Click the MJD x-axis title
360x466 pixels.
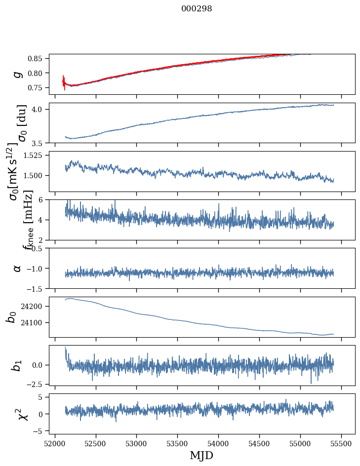click(201, 456)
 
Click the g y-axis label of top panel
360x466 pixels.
click(18, 74)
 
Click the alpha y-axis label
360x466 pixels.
click(18, 268)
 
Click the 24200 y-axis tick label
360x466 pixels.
click(34, 307)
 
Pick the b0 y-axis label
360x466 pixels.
click(11, 316)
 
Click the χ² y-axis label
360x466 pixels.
click(22, 414)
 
